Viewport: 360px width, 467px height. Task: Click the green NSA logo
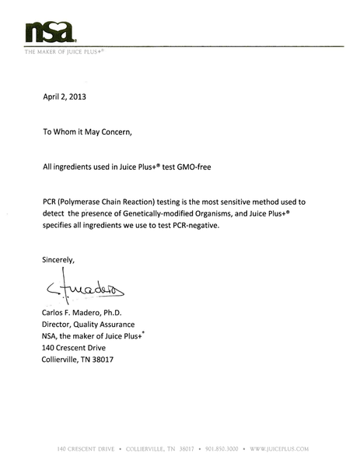tap(50, 32)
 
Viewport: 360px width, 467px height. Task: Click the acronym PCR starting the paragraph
tap(51, 200)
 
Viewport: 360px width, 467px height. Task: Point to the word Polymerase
tap(89, 200)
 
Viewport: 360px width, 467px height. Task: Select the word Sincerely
tap(58, 259)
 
